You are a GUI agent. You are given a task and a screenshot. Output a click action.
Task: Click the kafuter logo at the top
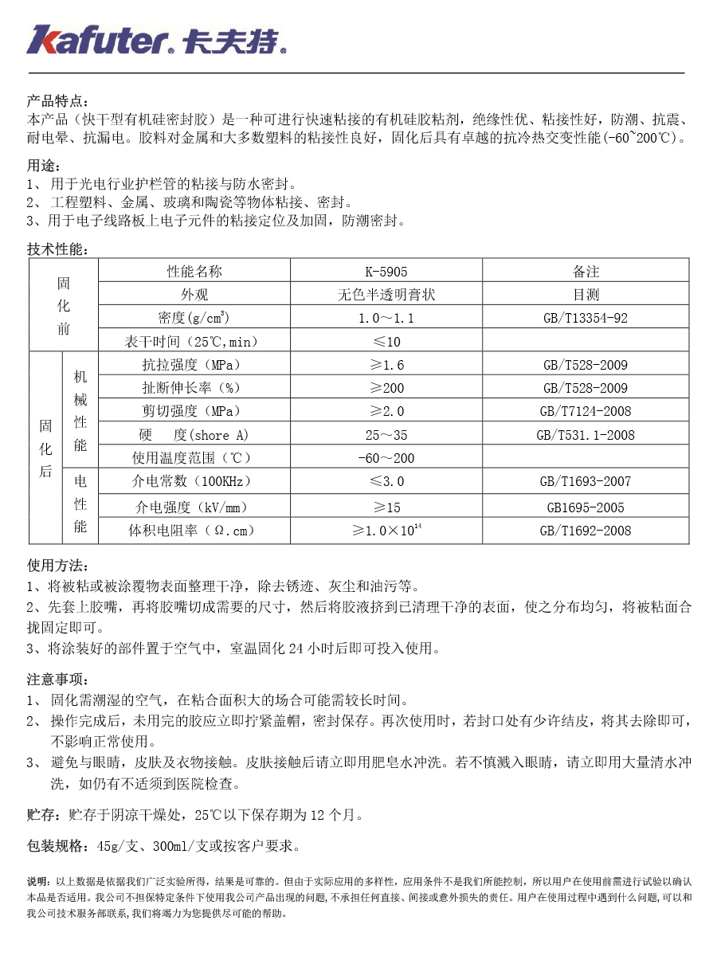(156, 39)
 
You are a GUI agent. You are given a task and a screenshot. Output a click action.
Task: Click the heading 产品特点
(58, 101)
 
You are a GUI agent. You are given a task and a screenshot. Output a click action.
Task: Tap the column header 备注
(586, 272)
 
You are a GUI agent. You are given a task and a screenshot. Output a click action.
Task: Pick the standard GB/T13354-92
(586, 319)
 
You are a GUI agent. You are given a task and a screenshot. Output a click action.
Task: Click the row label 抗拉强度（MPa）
(191, 366)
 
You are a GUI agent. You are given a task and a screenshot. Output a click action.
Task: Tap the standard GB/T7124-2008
(586, 412)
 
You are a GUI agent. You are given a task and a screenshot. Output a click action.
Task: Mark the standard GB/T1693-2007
(586, 482)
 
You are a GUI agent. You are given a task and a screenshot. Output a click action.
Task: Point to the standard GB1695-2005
(586, 507)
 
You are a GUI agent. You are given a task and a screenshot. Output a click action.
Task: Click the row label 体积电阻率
(191, 531)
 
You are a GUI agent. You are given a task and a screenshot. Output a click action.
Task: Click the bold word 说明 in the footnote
(37, 882)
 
